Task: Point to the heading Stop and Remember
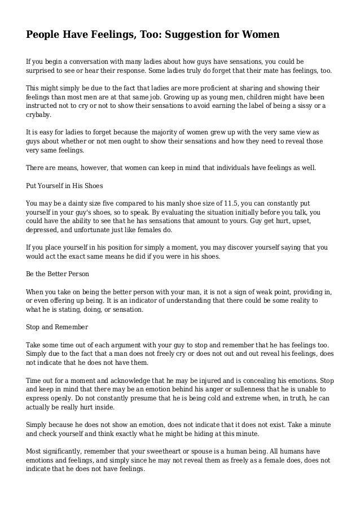tap(55, 326)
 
